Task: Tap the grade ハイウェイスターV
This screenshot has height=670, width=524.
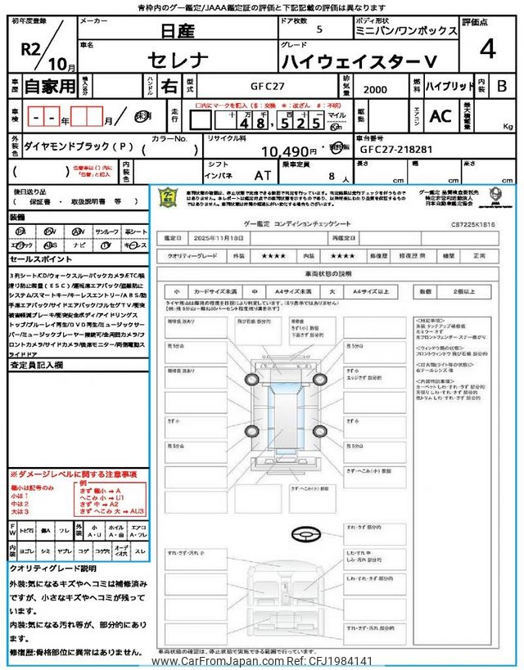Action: point(358,60)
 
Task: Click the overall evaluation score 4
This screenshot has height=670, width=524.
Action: point(488,50)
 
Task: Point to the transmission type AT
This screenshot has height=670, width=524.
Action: point(262,175)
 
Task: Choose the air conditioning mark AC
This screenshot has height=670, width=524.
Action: point(440,116)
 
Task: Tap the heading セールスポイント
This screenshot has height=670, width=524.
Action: point(40,259)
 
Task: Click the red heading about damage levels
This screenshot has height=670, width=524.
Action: point(74,474)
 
